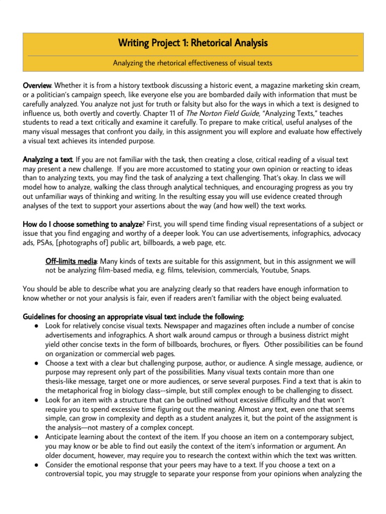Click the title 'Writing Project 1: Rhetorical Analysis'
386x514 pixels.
click(x=193, y=44)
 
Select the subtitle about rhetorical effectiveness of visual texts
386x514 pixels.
click(x=193, y=63)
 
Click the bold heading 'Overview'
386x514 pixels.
click(x=38, y=86)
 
